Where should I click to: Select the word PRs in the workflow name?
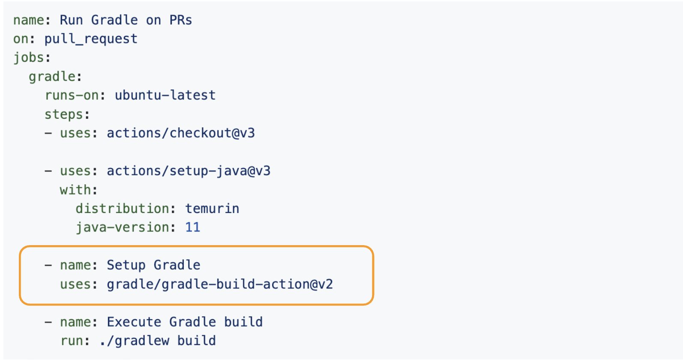coord(180,20)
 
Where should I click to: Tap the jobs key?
coord(29,58)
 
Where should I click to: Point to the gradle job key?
coord(52,77)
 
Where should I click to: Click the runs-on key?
coord(72,95)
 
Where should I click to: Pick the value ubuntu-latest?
coord(165,95)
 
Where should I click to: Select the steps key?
coord(64,115)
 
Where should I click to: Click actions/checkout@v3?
coord(181,133)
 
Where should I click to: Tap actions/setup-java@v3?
coord(189,171)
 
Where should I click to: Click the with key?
coord(75,190)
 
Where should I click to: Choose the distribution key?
coord(122,209)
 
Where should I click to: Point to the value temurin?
coord(212,209)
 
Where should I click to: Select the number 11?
coord(193,227)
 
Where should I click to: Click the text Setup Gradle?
coord(154,265)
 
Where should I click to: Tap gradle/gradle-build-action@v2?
coord(220,285)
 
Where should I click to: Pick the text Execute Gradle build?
coord(185,322)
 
